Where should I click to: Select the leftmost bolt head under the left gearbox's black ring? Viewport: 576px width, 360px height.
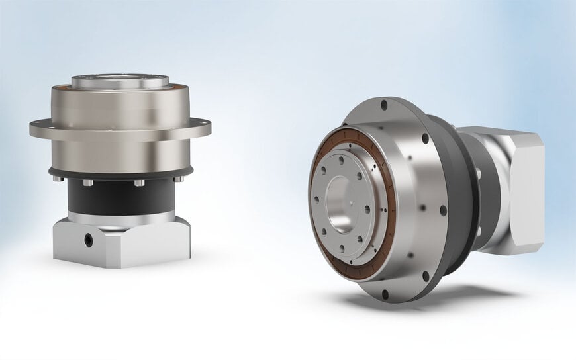coord(60,178)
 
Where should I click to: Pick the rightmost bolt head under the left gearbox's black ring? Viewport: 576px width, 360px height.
coord(177,178)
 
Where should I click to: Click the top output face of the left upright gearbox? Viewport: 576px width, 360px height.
coord(120,81)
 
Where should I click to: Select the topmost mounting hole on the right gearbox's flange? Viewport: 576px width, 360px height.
coord(383,105)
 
